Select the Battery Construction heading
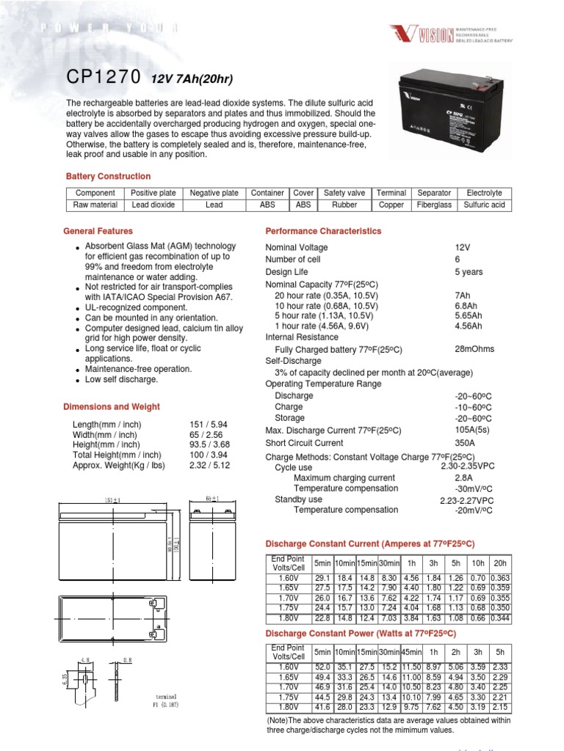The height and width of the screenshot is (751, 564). [108, 177]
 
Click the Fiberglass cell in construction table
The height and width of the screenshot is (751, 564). [433, 205]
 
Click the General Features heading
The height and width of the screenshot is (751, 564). [98, 231]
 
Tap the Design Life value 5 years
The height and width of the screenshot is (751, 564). [469, 272]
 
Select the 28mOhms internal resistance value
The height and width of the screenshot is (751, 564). [474, 349]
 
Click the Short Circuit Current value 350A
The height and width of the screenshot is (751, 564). [466, 443]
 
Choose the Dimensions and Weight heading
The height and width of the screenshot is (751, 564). [111, 407]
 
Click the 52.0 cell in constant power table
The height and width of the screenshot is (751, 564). [322, 666]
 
